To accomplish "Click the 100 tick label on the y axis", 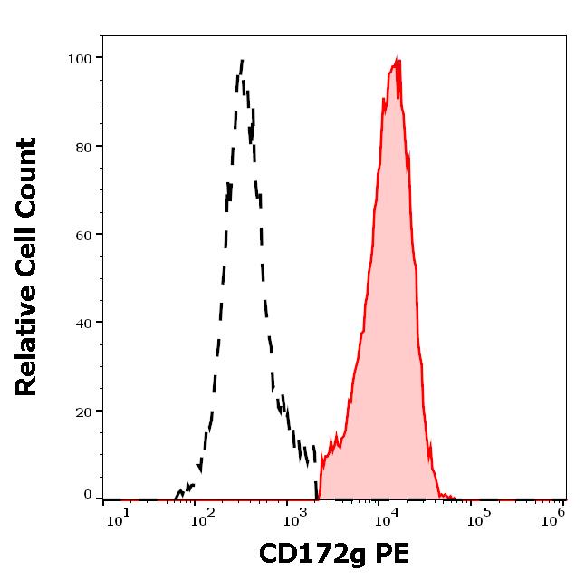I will [81, 58].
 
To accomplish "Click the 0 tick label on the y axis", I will [88, 496].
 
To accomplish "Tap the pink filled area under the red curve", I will [389, 317].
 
